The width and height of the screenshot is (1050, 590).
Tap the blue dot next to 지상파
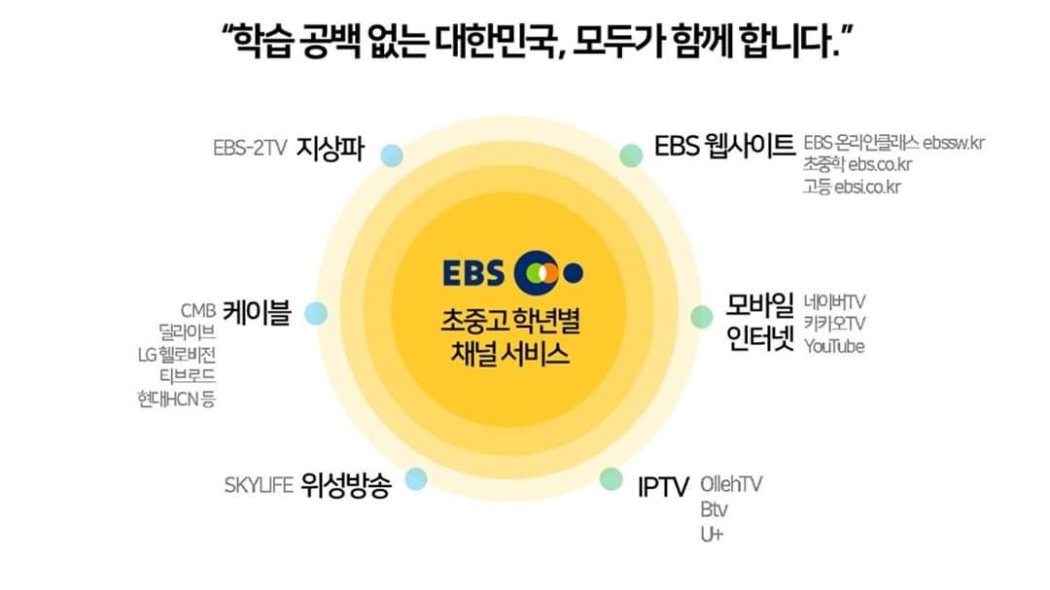pyautogui.click(x=392, y=156)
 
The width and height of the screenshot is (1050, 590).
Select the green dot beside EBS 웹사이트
pyautogui.click(x=631, y=155)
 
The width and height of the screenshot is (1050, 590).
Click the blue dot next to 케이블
pyautogui.click(x=315, y=314)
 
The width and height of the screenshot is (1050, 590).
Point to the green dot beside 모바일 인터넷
pyautogui.click(x=701, y=317)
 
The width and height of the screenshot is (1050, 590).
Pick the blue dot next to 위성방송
pyautogui.click(x=416, y=478)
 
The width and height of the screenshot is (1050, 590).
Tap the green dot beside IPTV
pyautogui.click(x=611, y=478)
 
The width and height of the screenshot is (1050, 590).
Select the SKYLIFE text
pyautogui.click(x=259, y=485)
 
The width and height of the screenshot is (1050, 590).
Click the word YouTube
pyautogui.click(x=834, y=346)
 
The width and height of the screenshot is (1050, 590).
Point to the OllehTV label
pyautogui.click(x=731, y=484)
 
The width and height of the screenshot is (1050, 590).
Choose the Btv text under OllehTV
pyautogui.click(x=713, y=509)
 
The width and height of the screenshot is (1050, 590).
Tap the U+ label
pyautogui.click(x=711, y=535)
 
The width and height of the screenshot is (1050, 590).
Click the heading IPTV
pyautogui.click(x=663, y=486)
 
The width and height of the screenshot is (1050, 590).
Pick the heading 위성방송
pyautogui.click(x=346, y=485)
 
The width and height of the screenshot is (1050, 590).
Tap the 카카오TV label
pyautogui.click(x=834, y=324)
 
